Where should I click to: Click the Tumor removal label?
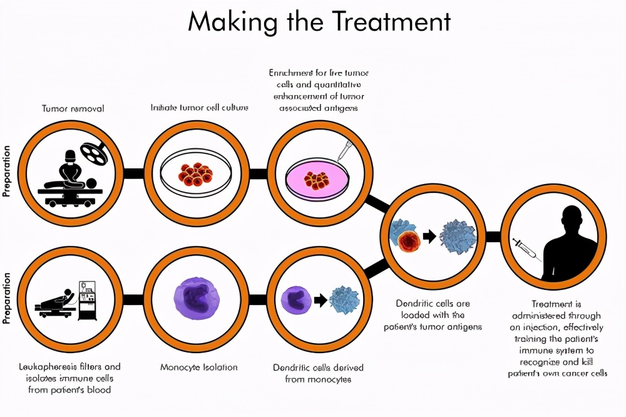coord(73,108)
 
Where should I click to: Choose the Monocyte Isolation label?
coord(199,367)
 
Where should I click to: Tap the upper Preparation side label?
coord(8,172)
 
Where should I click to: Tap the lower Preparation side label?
coord(8,298)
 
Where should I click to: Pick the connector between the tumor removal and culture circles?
coord(133,173)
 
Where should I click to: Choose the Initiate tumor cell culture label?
coord(199,108)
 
